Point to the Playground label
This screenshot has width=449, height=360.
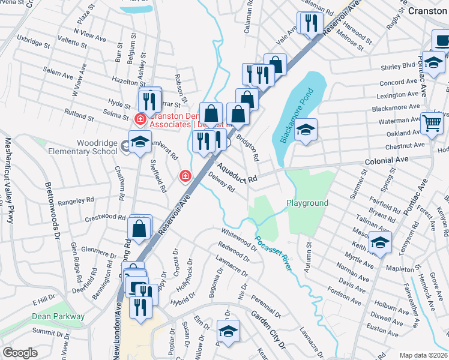tap(307, 203)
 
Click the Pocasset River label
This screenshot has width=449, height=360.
tap(274, 253)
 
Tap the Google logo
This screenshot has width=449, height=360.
tap(20, 353)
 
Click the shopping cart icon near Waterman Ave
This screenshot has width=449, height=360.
tap(432, 124)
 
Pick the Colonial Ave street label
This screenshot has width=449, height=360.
tap(385, 161)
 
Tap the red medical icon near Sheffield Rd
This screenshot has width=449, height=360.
tap(185, 176)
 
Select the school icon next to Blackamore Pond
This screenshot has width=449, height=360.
tap(306, 130)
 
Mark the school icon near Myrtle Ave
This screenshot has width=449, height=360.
tap(380, 242)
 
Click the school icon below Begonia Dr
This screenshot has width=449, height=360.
tap(228, 331)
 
